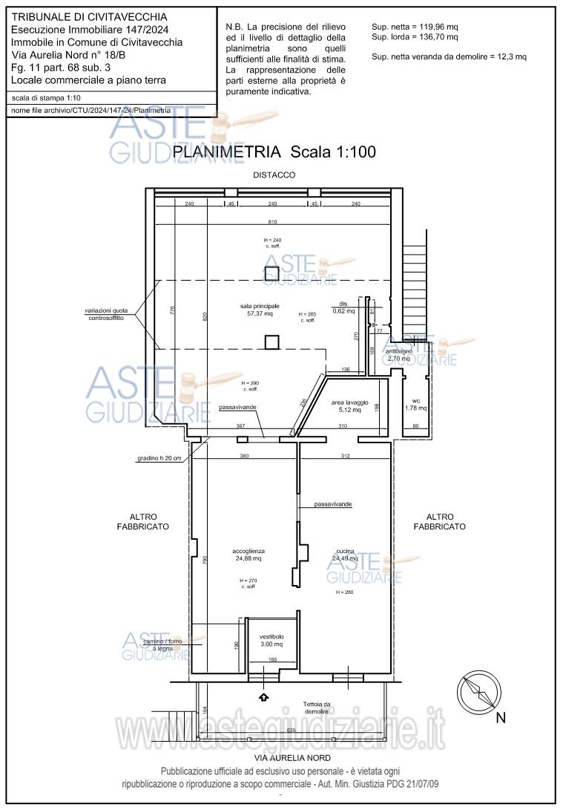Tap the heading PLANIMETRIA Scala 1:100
274,152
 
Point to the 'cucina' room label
343,555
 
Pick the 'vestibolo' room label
271,641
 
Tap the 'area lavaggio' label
345,405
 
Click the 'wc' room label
417,404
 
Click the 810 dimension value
273,223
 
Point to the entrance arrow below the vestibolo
263,696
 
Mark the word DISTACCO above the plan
274,175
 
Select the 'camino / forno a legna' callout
162,644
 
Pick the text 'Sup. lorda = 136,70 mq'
415,36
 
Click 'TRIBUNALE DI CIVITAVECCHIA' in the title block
90,16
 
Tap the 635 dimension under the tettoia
291,731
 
